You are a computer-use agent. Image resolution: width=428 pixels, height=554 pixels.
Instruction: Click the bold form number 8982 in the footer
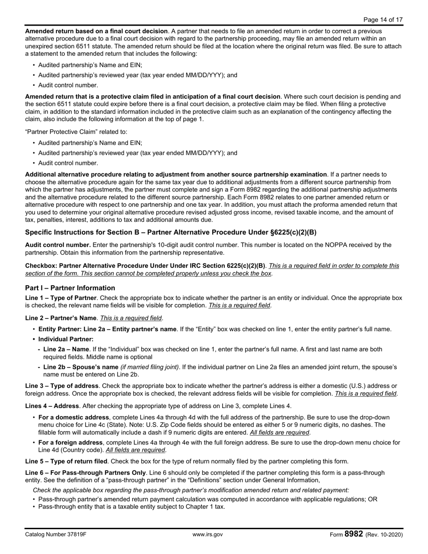pyautogui.click(x=354, y=534)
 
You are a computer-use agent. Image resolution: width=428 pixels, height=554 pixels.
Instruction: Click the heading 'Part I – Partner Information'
pyautogui.click(x=70, y=288)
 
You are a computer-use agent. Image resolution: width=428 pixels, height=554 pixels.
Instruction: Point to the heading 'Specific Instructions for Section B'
pyautogui.click(x=170, y=232)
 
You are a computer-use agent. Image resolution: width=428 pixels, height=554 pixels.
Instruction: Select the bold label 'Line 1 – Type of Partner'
pyautogui.click(x=61, y=298)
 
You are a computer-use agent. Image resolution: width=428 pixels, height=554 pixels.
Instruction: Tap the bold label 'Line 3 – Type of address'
pyautogui.click(x=62, y=386)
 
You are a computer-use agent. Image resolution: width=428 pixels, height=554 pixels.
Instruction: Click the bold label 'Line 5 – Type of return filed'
pyautogui.click(x=66, y=461)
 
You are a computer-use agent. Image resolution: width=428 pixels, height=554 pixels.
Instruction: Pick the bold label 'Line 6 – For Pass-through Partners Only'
pyautogui.click(x=86, y=472)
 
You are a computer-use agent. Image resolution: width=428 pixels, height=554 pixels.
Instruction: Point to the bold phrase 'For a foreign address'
pyautogui.click(x=73, y=443)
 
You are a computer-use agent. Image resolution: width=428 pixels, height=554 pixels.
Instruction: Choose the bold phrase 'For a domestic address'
pyautogui.click(x=73, y=418)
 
